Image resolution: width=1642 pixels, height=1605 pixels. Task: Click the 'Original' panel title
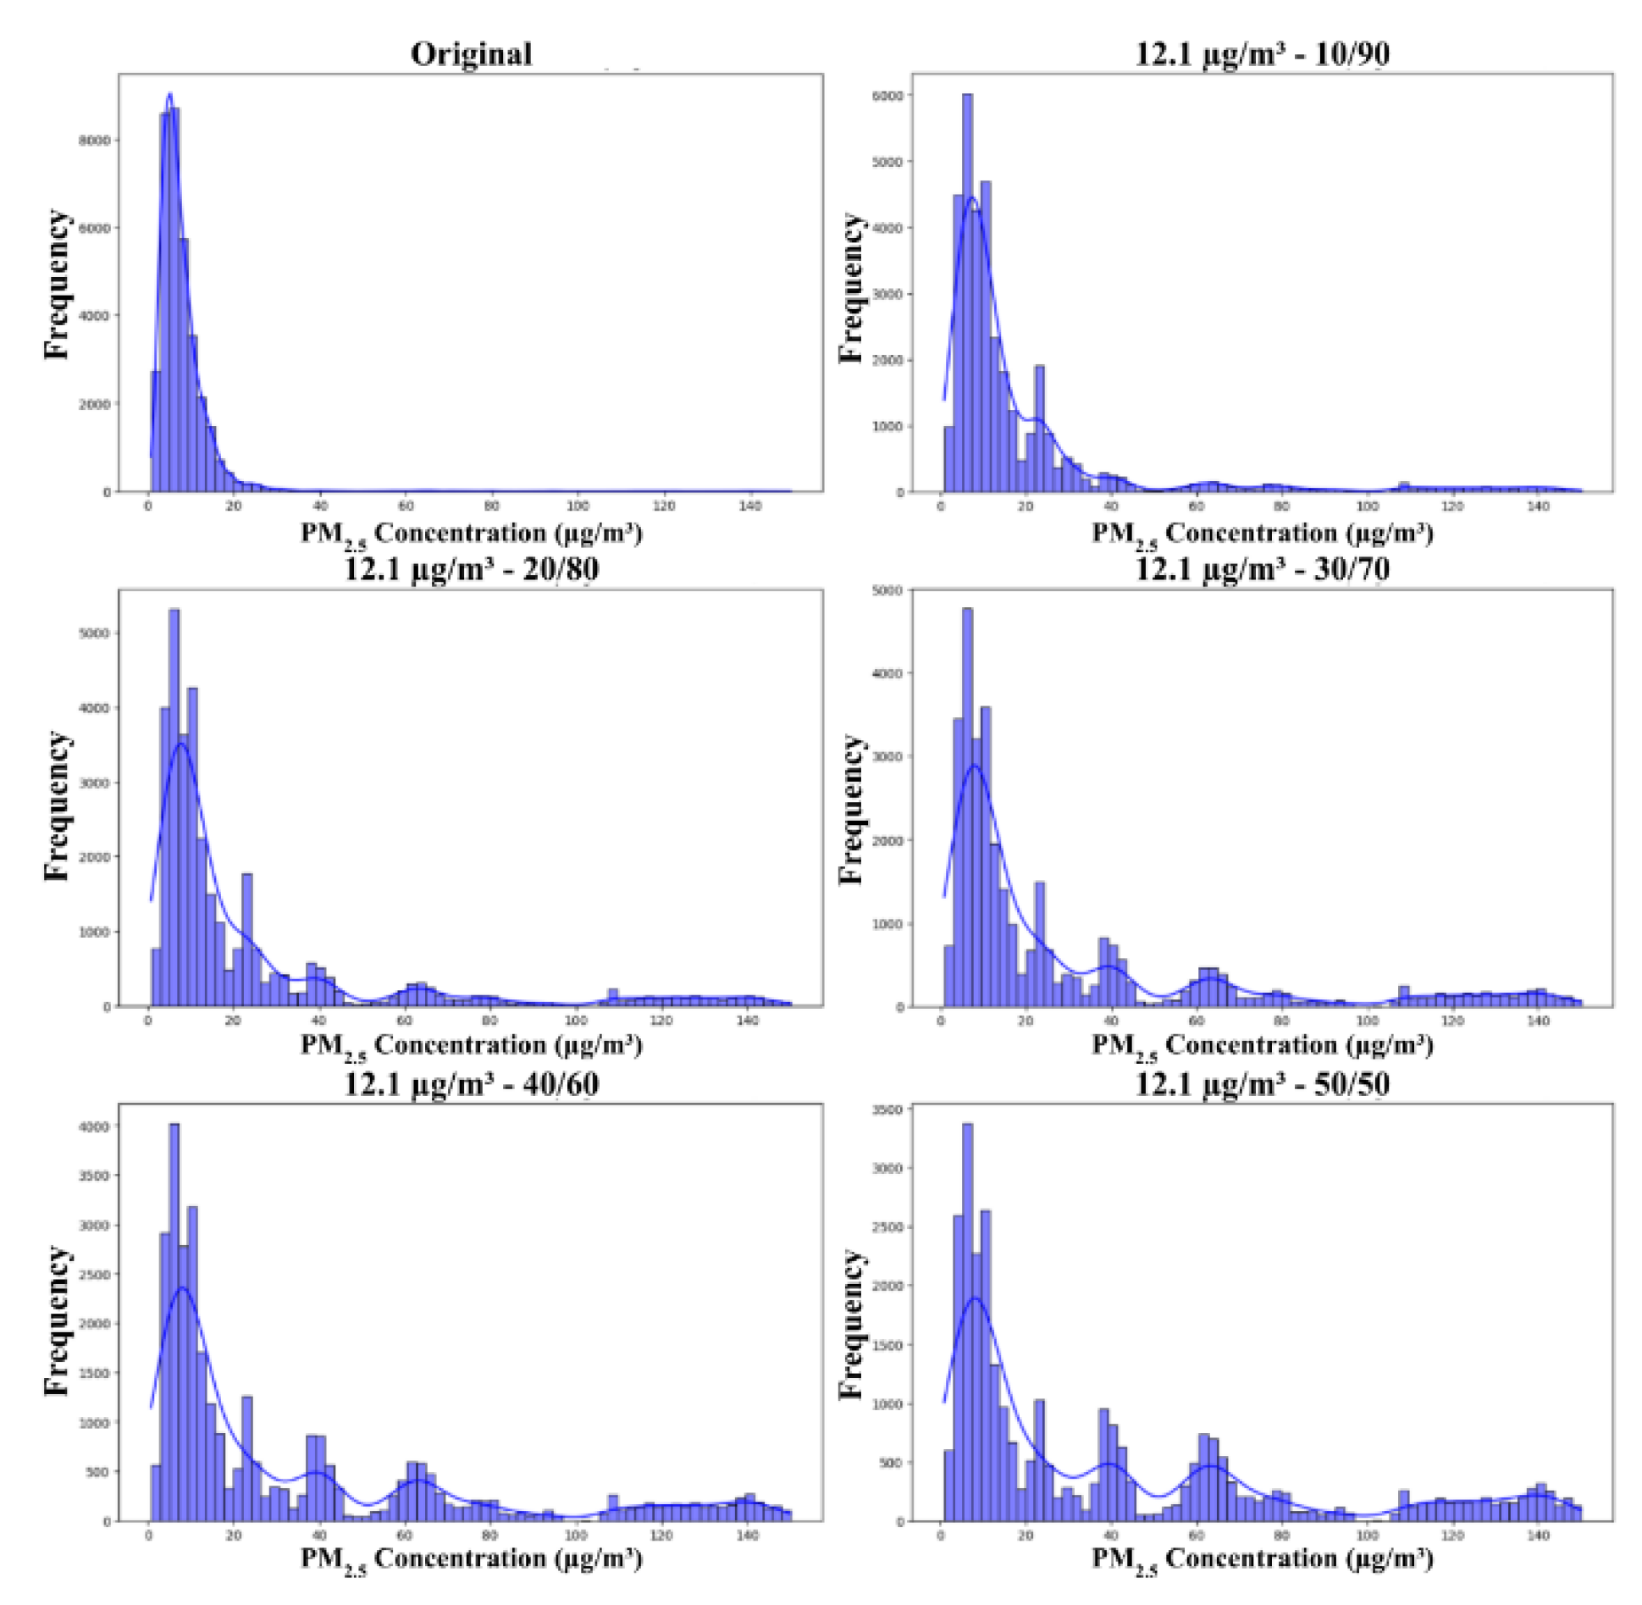point(471,54)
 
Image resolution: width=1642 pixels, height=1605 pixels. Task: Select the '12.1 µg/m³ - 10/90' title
point(1262,54)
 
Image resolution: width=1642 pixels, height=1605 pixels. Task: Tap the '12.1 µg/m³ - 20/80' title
point(471,568)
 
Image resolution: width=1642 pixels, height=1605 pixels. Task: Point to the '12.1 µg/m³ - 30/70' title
point(1262,568)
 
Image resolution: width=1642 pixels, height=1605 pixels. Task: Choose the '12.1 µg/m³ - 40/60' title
point(471,1084)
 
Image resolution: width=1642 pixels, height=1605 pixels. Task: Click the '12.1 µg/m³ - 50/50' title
point(1262,1084)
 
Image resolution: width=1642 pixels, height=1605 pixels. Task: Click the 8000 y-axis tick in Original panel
point(95,140)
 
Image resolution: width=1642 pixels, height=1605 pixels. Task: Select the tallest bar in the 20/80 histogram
point(174,805)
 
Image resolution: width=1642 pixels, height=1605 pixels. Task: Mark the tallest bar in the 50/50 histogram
point(967,1321)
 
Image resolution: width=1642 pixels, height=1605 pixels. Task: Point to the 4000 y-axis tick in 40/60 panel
point(95,1127)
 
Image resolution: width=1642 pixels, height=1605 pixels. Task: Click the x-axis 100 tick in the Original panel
point(578,506)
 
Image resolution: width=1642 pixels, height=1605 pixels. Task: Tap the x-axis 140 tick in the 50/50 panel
point(1538,1536)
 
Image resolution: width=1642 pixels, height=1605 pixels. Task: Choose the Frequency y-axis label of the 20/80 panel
point(57,805)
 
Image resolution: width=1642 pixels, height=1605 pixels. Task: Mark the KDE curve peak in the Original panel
point(169,94)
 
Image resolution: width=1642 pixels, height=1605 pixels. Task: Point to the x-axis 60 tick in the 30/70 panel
point(1197,1021)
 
